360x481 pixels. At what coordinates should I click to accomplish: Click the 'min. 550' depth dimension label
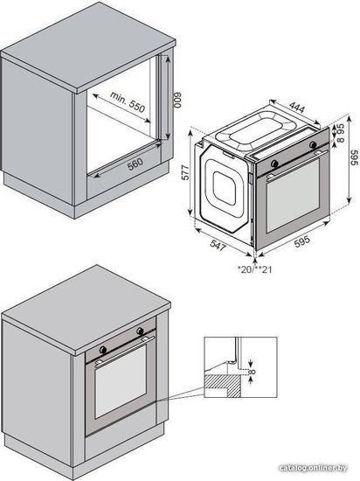point(128,102)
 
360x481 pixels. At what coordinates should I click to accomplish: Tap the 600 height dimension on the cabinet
point(178,100)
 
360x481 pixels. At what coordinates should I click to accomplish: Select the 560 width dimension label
point(135,164)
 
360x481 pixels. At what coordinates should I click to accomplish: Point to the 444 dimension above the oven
point(297,108)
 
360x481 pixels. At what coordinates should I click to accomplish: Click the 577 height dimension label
point(185,171)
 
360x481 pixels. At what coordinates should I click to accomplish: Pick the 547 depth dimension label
point(218,245)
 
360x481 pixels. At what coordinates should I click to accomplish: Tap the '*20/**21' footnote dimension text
point(255,269)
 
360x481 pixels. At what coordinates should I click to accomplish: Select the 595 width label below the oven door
point(302,241)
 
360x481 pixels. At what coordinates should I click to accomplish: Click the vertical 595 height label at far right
point(354,157)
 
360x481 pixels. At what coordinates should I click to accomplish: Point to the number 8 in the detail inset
point(253,372)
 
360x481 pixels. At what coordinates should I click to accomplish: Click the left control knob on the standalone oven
point(275,164)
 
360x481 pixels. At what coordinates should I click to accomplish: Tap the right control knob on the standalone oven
point(313,144)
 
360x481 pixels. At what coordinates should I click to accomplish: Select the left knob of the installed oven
point(103,350)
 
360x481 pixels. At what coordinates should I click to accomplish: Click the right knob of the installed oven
point(140,331)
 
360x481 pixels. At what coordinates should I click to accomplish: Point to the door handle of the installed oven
point(125,351)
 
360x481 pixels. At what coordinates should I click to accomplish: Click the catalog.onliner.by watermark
point(313,468)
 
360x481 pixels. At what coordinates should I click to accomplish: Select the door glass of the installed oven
point(121,380)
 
